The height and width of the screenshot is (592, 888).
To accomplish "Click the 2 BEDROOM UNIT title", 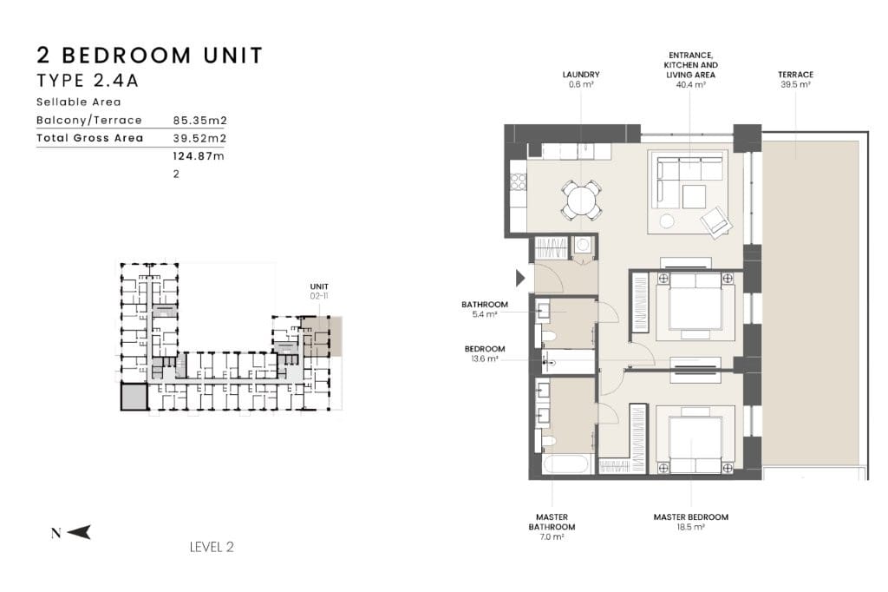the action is point(150,56).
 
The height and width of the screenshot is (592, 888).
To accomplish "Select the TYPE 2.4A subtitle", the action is point(88,81).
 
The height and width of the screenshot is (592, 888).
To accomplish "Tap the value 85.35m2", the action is point(200,120).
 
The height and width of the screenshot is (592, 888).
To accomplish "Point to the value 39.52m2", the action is point(200,138).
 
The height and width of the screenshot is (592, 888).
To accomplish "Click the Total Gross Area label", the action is point(90,138).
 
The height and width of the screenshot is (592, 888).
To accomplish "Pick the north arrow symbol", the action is point(79,532).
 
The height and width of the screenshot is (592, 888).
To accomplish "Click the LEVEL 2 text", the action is point(212,547).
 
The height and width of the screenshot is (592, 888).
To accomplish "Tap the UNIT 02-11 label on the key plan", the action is point(319,291).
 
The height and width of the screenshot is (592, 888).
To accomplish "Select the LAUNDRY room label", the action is point(581,79).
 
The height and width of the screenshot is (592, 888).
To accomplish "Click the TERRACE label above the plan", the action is point(796,79).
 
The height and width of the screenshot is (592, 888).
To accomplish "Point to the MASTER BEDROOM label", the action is point(691,522).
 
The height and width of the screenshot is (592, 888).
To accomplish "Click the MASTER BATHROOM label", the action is point(552,527).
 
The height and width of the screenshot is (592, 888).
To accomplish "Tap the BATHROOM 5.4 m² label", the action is point(485,309).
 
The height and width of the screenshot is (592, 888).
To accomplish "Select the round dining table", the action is point(581,201).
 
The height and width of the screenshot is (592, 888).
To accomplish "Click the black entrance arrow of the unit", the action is point(520,278).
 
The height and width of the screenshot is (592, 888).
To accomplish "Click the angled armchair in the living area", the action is point(715,220).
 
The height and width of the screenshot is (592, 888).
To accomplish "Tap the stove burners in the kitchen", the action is point(518,181).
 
